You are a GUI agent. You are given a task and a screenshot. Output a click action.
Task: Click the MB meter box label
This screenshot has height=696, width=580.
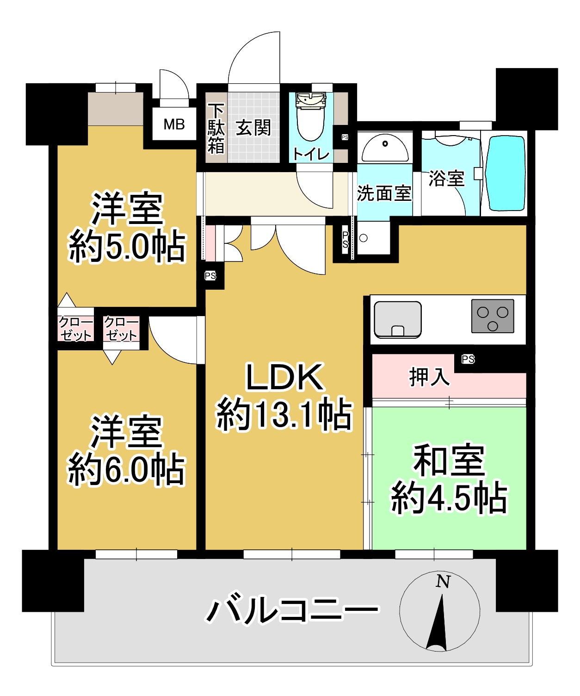click(x=174, y=124)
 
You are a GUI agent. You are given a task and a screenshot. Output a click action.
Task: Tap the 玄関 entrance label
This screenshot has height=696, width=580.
click(x=253, y=128)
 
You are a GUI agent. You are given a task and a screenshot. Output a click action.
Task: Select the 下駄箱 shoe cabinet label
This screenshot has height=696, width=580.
click(x=216, y=129)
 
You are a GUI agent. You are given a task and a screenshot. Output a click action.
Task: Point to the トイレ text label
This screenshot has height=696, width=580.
click(x=311, y=155)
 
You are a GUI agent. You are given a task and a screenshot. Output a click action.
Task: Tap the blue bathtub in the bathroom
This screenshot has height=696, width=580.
click(x=505, y=173)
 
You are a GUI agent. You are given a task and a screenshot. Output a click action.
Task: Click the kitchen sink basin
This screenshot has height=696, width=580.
click(x=397, y=320)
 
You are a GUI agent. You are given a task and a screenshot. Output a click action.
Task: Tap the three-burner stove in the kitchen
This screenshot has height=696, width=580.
click(x=493, y=316)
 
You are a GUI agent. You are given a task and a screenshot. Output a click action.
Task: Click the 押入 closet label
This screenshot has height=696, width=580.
click(x=429, y=377)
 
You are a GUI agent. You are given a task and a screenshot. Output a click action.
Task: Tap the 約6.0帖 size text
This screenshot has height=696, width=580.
click(x=126, y=470)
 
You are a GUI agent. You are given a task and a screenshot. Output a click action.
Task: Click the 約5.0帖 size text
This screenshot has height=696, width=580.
click(x=127, y=247)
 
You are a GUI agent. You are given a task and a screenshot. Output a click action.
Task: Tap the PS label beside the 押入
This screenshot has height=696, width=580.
click(x=468, y=359)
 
